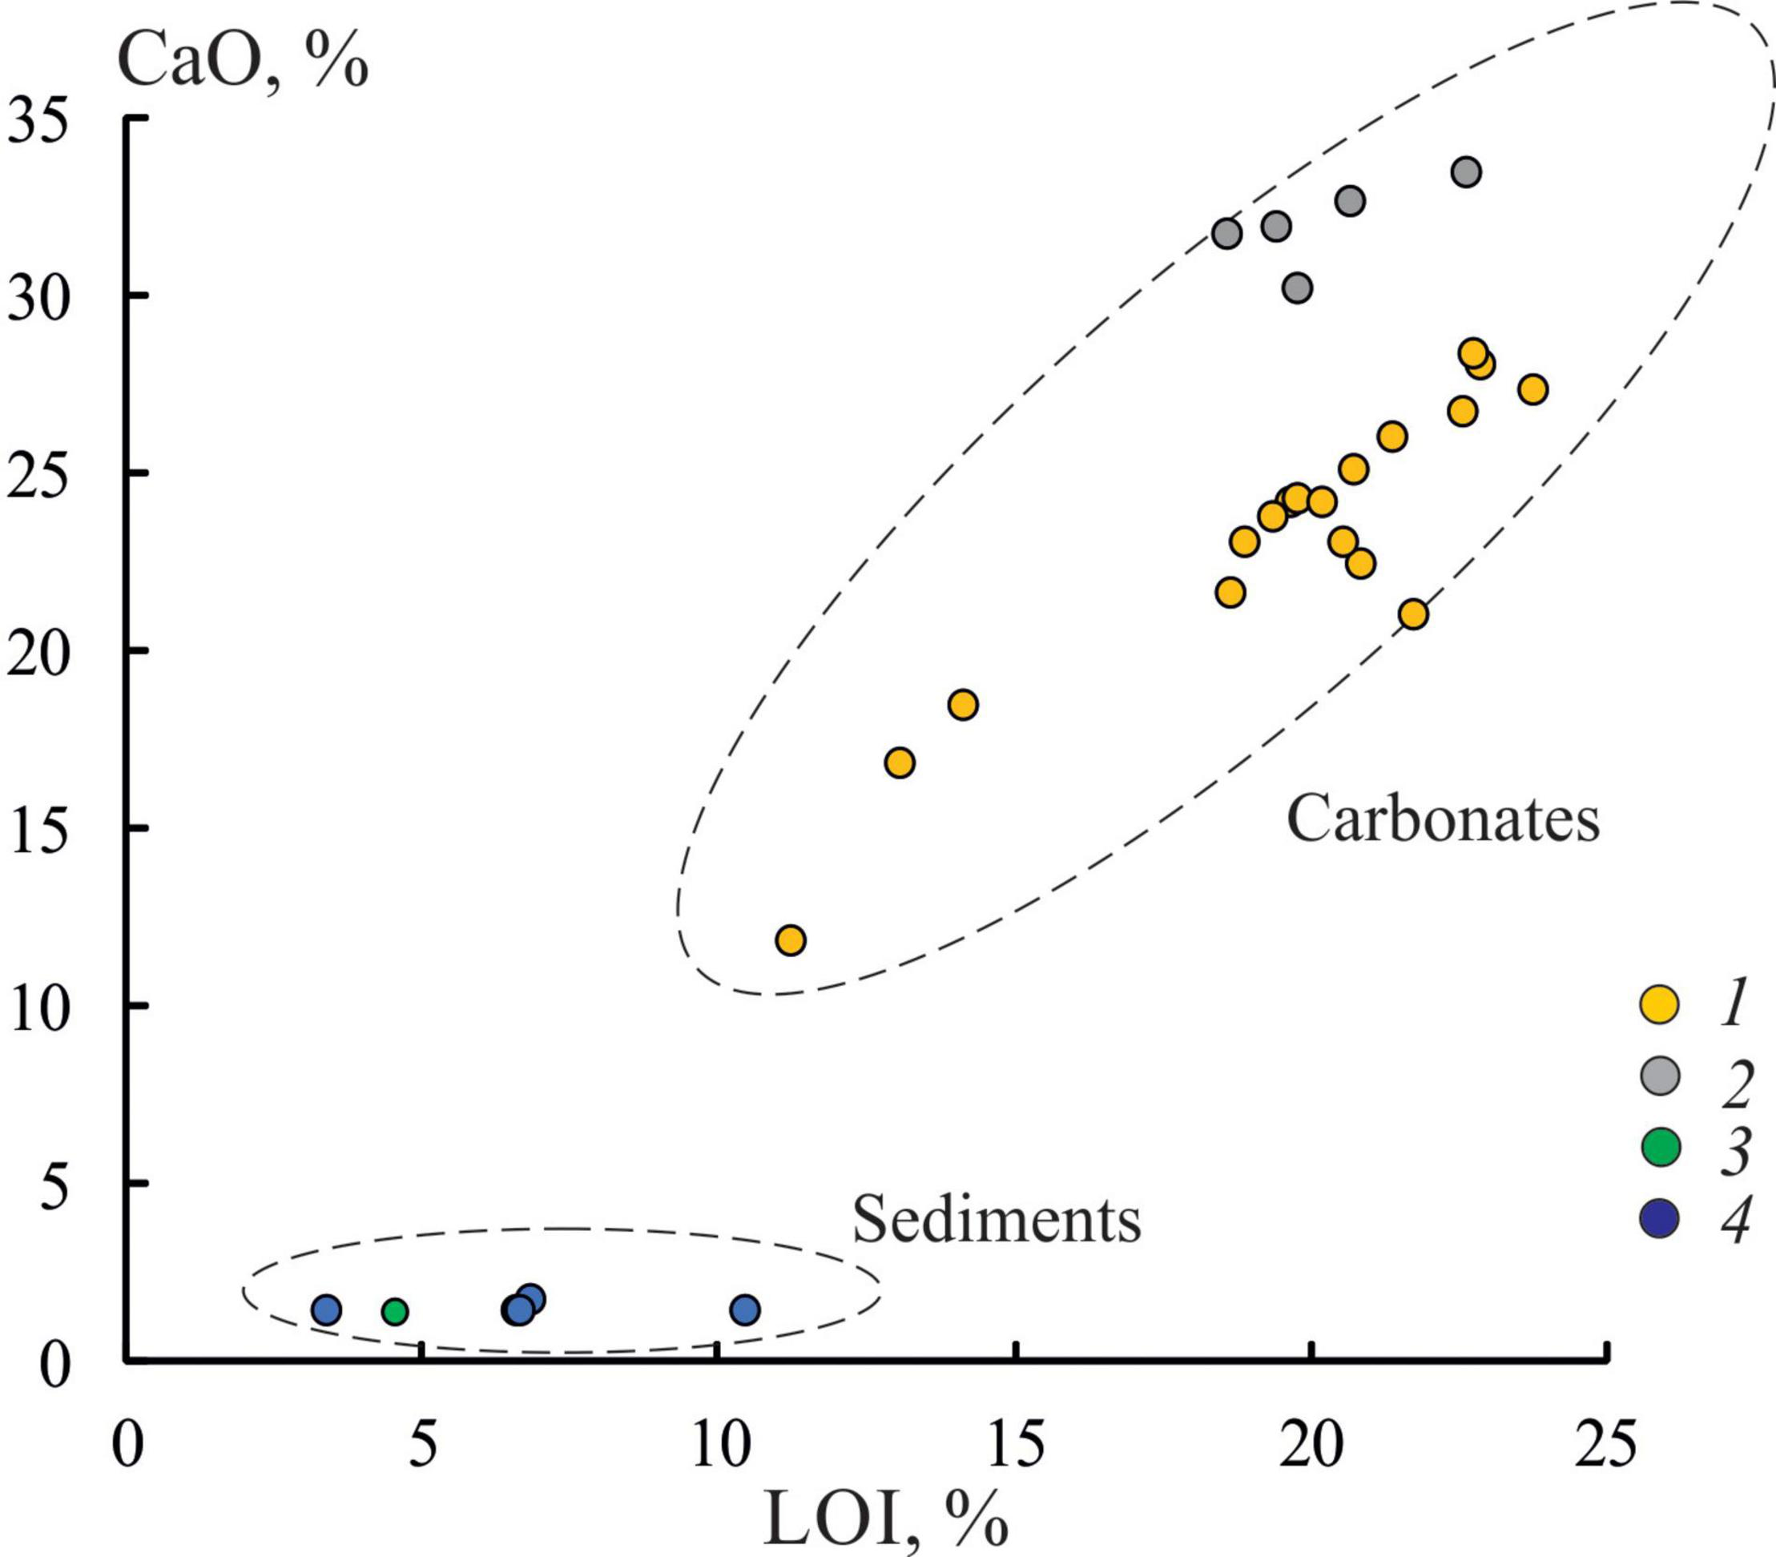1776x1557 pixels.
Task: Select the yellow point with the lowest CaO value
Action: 790,940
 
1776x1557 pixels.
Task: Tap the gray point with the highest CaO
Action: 1466,172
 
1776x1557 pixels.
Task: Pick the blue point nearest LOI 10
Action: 745,1310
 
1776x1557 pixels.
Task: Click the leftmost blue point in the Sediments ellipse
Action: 326,1310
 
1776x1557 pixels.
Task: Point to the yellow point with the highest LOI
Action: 1532,389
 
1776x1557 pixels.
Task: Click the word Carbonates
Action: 1442,819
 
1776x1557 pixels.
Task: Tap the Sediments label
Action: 996,1220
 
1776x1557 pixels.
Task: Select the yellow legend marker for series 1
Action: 1659,1004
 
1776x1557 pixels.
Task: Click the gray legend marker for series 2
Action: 1659,1076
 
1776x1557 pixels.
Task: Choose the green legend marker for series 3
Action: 1659,1147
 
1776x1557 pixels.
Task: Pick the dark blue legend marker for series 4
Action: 1659,1218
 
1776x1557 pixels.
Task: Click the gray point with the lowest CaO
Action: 1296,288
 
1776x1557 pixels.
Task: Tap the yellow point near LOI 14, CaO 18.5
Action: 963,705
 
